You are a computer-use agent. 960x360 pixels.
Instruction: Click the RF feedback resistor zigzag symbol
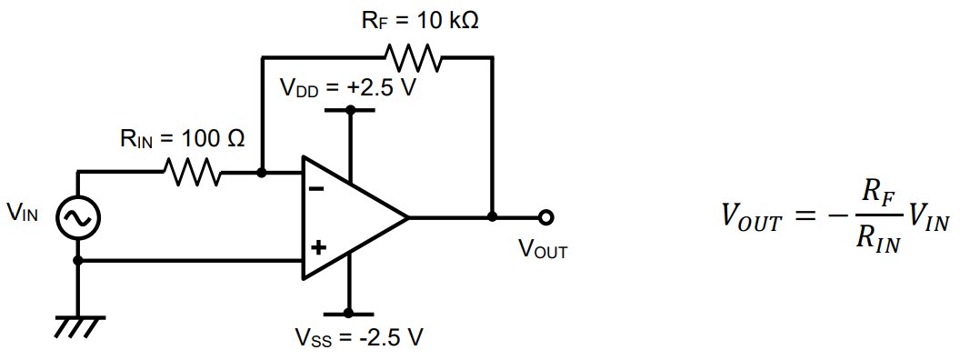(x=414, y=58)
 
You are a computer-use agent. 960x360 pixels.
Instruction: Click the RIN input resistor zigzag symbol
(x=189, y=171)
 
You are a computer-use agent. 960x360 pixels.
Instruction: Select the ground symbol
(x=78, y=324)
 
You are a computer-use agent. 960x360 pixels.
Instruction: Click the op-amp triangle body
(x=350, y=218)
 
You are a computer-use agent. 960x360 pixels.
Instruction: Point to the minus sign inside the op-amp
(x=316, y=190)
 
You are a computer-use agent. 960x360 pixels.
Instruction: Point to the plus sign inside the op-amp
(x=316, y=246)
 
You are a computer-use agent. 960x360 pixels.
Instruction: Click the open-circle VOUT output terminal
(x=545, y=217)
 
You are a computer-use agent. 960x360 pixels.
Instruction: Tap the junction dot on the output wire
(x=493, y=217)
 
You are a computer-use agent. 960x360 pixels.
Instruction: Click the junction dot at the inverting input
(x=262, y=171)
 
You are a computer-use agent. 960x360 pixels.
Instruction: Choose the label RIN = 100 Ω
(x=183, y=139)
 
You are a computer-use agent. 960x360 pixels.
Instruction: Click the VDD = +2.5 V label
(x=347, y=89)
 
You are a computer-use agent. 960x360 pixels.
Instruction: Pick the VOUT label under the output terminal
(x=543, y=251)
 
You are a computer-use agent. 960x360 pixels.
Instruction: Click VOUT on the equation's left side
(x=751, y=217)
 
